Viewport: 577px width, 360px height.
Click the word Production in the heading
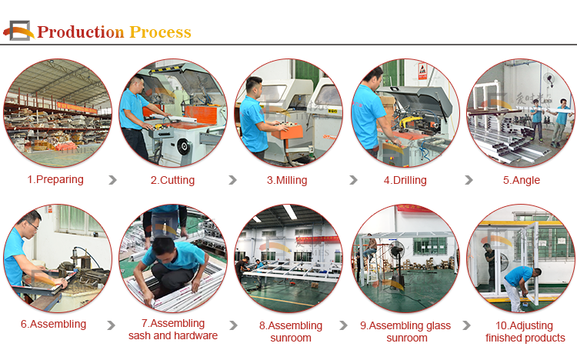pos(81,32)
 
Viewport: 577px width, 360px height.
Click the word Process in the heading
pos(161,32)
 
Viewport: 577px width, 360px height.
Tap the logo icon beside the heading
pos(18,31)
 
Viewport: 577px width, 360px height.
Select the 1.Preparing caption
pos(55,180)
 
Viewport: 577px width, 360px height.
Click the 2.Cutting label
pos(172,180)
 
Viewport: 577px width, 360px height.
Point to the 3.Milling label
pos(287,180)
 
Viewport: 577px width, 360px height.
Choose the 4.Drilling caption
pos(405,180)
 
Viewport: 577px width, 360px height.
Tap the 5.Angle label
pos(522,180)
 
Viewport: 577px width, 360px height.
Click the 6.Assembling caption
pos(53,325)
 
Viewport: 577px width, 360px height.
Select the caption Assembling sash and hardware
pos(173,329)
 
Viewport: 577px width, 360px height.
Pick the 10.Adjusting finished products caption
pos(525,332)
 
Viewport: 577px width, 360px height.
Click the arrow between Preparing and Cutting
pos(113,180)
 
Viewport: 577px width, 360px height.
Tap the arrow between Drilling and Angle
pos(469,180)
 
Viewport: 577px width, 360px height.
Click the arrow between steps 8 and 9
pos(343,325)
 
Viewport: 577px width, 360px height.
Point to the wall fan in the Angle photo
pos(550,79)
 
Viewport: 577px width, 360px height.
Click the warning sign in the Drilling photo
pos(422,71)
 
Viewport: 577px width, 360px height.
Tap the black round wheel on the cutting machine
pos(184,146)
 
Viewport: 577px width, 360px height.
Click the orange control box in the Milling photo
pos(288,132)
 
